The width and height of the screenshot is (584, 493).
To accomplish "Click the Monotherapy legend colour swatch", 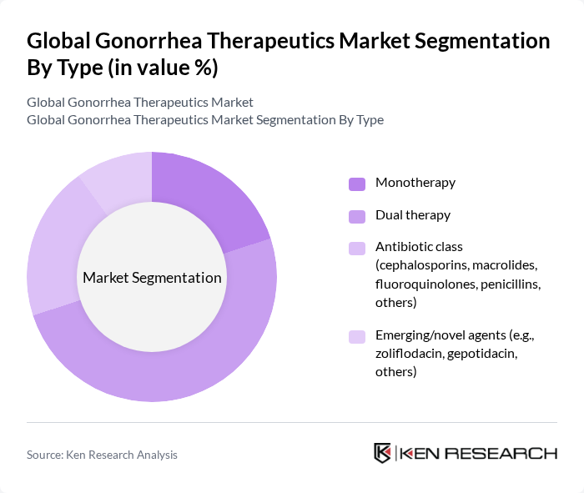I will coord(357,184).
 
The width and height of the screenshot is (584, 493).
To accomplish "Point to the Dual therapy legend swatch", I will coord(357,216).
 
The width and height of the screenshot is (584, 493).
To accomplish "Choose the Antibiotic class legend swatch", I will coord(357,248).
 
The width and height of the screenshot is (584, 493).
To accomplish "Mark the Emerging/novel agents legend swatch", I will coord(357,337).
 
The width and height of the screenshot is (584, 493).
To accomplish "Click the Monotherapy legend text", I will coord(415,183).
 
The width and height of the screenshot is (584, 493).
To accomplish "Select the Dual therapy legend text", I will coord(413,215).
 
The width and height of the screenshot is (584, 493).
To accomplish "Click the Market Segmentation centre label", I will coord(152,278).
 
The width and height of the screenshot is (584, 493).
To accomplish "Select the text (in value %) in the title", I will coord(161,68).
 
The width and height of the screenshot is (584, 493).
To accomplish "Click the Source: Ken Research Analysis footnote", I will coord(102,455).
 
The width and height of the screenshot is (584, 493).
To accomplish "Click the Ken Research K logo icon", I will coord(383,453).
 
